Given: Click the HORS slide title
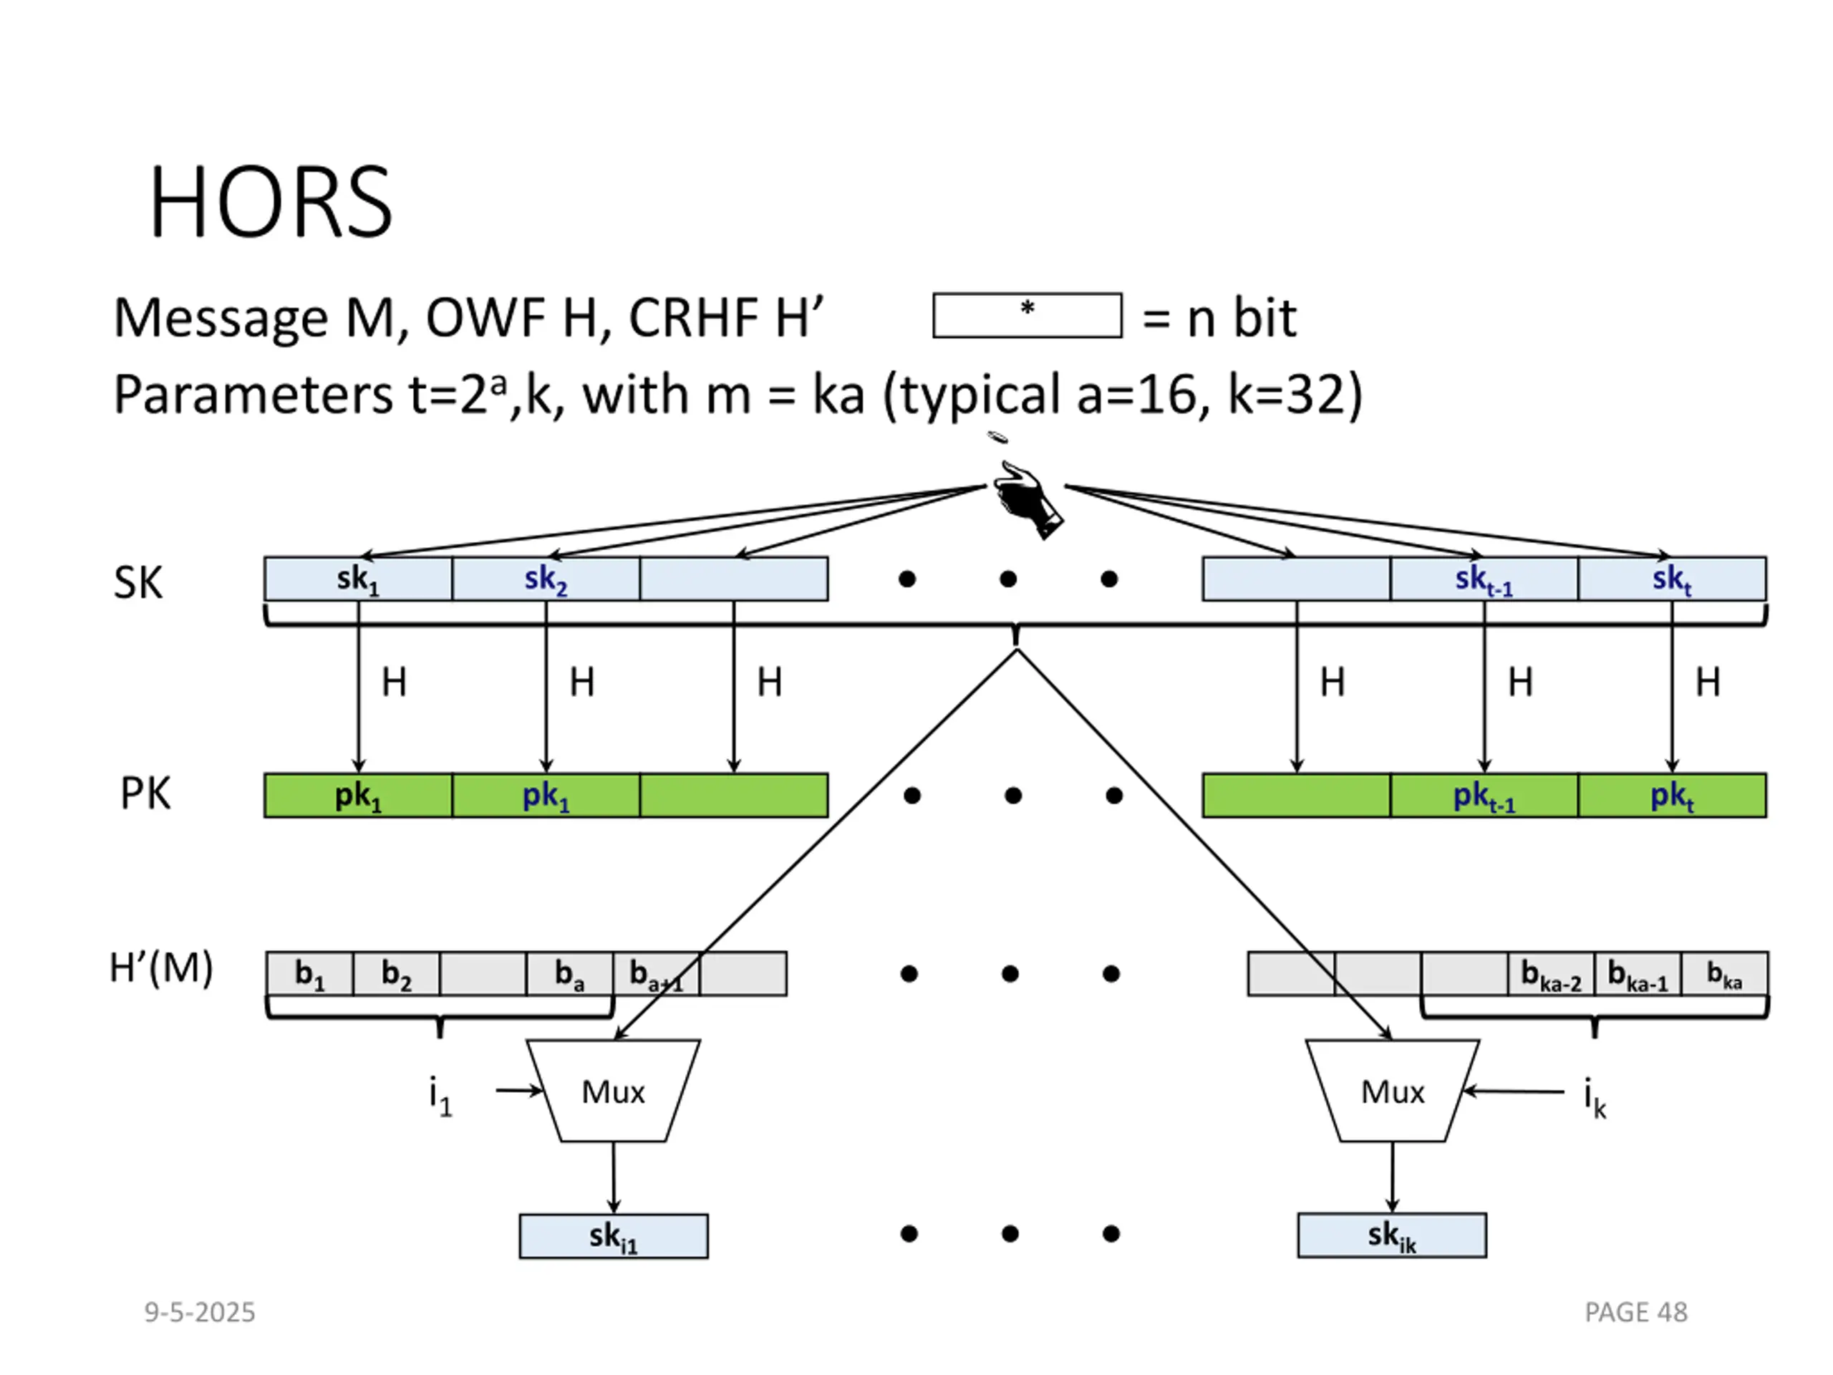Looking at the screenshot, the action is click(270, 201).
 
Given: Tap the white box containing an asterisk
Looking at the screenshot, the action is click(1027, 315).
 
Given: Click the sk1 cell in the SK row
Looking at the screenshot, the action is click(358, 579).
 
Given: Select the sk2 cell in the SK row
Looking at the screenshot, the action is click(546, 579).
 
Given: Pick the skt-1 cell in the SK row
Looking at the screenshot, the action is click(1484, 579).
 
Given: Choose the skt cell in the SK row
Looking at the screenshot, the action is click(1672, 579).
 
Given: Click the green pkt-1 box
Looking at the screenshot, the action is click(1484, 796).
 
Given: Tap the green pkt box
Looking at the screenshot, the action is click(1672, 796).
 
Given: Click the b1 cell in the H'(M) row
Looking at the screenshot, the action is click(310, 974).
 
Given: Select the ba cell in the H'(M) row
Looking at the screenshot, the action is click(570, 974).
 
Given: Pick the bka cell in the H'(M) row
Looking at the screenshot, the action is click(1724, 974).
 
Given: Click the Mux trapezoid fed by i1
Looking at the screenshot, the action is click(613, 1091).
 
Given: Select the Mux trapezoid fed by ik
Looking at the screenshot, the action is click(1392, 1091).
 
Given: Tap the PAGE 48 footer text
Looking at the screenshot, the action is click(1636, 1312).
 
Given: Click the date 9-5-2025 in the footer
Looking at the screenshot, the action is click(200, 1312).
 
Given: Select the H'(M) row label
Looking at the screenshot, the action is click(162, 968).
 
